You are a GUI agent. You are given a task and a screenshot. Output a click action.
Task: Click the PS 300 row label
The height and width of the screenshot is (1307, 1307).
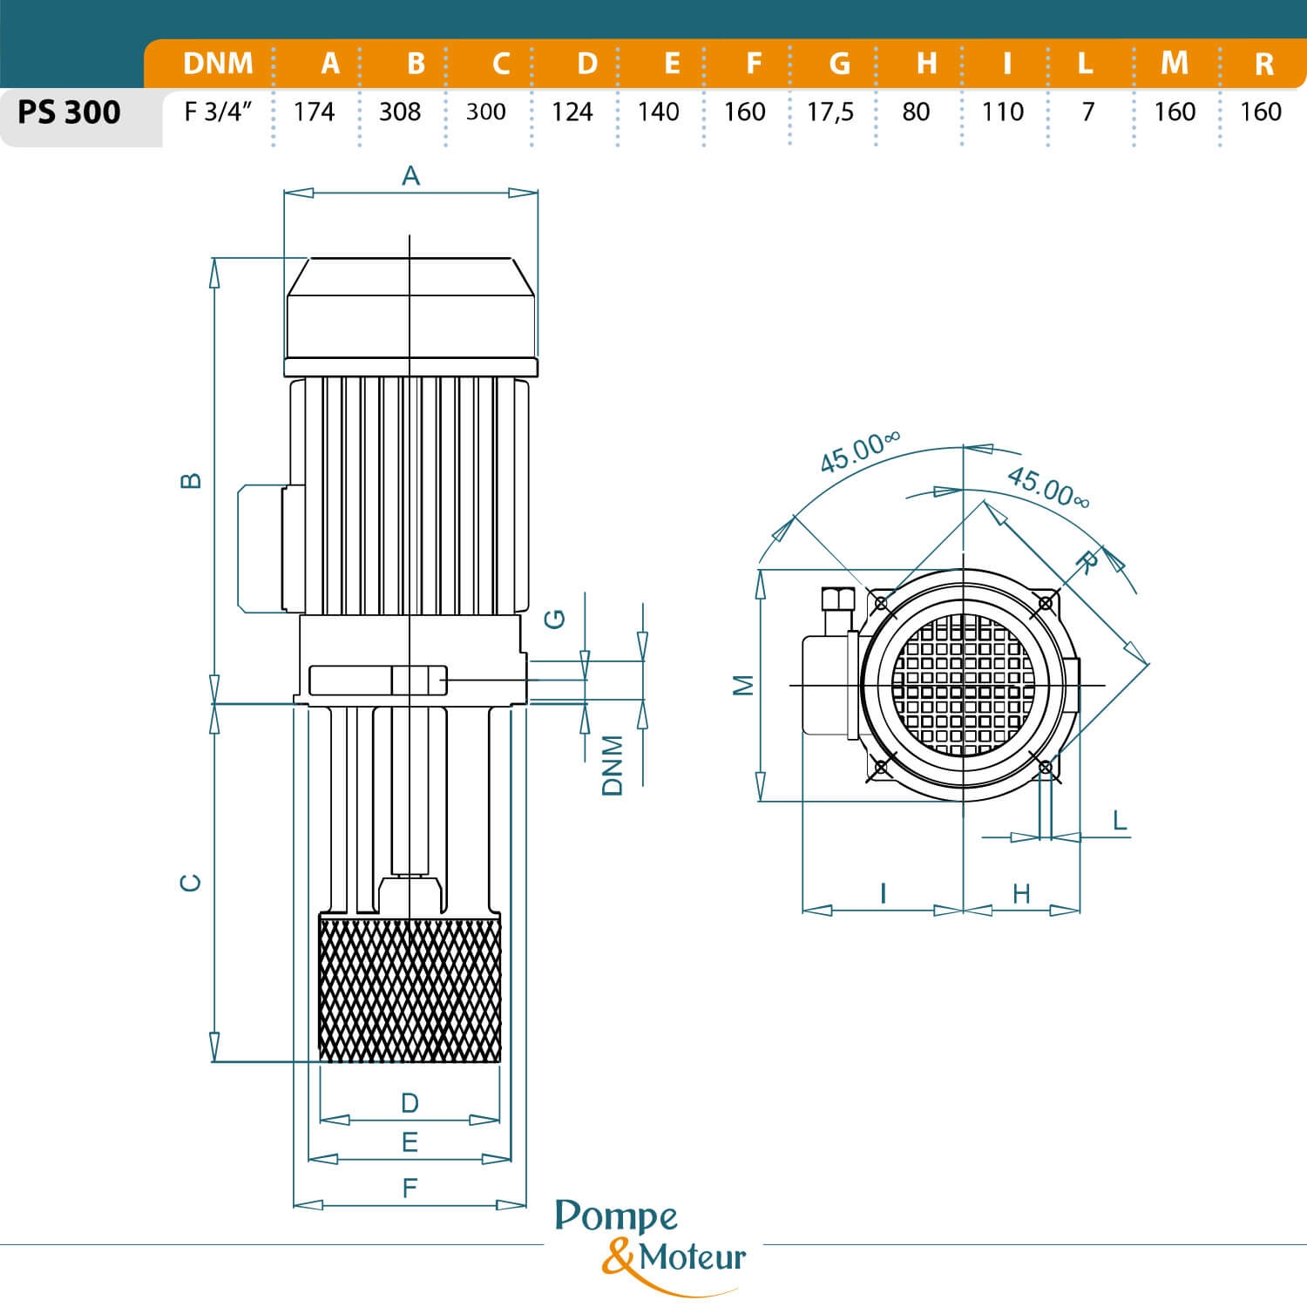pyautogui.click(x=69, y=113)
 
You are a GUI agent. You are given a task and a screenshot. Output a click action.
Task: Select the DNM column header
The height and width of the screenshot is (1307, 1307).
pyautogui.click(x=218, y=64)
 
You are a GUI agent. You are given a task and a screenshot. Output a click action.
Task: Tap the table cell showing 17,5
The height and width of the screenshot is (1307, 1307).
pyautogui.click(x=830, y=112)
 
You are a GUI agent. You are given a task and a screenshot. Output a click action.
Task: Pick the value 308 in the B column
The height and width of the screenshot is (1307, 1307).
pyautogui.click(x=399, y=112)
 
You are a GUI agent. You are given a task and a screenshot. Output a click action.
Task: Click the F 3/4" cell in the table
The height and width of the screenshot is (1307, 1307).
pyautogui.click(x=218, y=112)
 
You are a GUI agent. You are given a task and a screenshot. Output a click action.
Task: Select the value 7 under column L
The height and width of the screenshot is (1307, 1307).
pyautogui.click(x=1087, y=112)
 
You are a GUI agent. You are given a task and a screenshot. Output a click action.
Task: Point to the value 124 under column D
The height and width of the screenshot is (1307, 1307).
pyautogui.click(x=572, y=112)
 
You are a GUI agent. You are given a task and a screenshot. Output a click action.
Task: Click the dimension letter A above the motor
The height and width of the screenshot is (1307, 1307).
pyautogui.click(x=410, y=176)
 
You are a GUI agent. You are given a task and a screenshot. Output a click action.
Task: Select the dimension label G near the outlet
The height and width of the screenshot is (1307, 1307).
pyautogui.click(x=554, y=619)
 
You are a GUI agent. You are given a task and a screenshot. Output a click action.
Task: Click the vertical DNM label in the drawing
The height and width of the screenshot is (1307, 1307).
pyautogui.click(x=613, y=764)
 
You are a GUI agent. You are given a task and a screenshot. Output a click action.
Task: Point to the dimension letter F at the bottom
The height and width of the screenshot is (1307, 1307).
pyautogui.click(x=410, y=1187)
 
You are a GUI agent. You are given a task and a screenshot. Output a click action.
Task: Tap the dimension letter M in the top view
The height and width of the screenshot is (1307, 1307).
pyautogui.click(x=743, y=685)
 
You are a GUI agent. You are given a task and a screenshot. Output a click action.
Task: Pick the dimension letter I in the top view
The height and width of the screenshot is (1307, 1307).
pyautogui.click(x=884, y=893)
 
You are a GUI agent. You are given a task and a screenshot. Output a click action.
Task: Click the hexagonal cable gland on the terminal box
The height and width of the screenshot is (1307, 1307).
pyautogui.click(x=835, y=601)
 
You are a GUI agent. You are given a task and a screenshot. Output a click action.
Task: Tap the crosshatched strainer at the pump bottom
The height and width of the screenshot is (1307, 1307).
pyautogui.click(x=410, y=987)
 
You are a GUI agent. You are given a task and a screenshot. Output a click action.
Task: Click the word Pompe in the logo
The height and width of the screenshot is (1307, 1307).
pyautogui.click(x=616, y=1217)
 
